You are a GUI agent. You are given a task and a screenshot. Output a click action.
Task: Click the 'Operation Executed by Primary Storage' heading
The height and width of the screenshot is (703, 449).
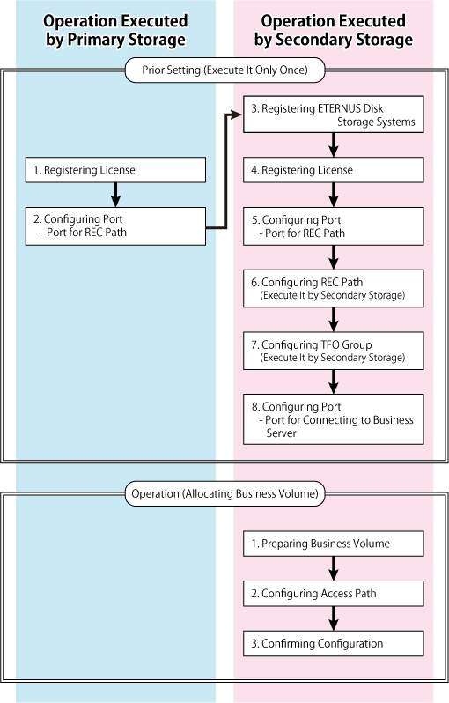point(115,30)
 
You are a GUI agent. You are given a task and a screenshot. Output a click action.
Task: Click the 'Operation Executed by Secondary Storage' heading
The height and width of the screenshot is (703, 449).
point(334,30)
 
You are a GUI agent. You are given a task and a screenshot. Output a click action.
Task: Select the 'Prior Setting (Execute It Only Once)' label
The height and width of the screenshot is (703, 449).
point(225,70)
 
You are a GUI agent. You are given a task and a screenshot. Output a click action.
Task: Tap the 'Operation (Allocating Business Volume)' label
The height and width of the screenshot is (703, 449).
point(225,493)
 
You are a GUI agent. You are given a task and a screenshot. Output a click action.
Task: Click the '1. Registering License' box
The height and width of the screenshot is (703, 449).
point(115,170)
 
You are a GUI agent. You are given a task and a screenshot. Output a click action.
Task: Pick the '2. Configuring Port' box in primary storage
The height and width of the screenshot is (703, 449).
point(115,226)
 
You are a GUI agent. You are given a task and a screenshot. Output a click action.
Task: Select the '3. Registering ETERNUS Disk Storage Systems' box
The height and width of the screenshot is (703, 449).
point(334,115)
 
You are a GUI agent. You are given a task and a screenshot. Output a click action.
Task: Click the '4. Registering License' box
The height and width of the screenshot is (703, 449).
point(334,170)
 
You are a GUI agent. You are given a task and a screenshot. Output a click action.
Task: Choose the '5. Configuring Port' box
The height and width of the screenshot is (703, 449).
point(334,226)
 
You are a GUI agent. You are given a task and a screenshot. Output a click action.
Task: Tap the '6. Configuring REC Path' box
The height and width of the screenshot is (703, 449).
point(334,288)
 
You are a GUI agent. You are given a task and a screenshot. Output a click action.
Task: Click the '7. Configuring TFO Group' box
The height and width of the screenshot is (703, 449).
point(334,351)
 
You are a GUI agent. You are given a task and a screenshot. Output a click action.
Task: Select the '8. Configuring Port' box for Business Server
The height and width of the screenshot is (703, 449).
point(334,419)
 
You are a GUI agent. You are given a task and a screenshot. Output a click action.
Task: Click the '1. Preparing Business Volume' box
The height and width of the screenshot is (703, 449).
point(334,544)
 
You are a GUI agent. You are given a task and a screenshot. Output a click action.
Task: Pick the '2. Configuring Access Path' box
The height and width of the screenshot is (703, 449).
point(334,594)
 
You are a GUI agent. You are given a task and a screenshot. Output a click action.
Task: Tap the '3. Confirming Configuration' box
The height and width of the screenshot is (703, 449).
point(334,643)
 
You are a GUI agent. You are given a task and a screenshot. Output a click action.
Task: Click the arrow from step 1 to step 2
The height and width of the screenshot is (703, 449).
point(115,195)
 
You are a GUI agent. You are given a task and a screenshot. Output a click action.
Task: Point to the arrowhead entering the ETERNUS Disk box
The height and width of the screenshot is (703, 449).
point(237,115)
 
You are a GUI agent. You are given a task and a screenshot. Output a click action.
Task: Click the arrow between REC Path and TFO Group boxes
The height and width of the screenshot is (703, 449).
point(334,319)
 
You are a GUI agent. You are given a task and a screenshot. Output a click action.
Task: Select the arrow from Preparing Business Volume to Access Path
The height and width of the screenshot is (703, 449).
point(334,568)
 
